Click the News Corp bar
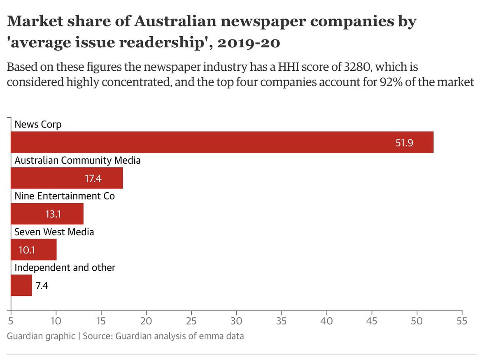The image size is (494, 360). tap(222, 142)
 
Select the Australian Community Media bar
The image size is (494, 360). tap(67, 178)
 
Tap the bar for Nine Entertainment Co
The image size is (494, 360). tap(47, 214)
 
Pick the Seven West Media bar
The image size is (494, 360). tap(33, 250)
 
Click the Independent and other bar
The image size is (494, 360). tap(21, 286)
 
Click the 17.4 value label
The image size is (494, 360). tap(93, 179)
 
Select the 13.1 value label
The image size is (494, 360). tap(54, 214)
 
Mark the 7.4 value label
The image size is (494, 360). tap(42, 286)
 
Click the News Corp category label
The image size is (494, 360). tap(38, 124)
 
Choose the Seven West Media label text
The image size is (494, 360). tap(54, 232)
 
